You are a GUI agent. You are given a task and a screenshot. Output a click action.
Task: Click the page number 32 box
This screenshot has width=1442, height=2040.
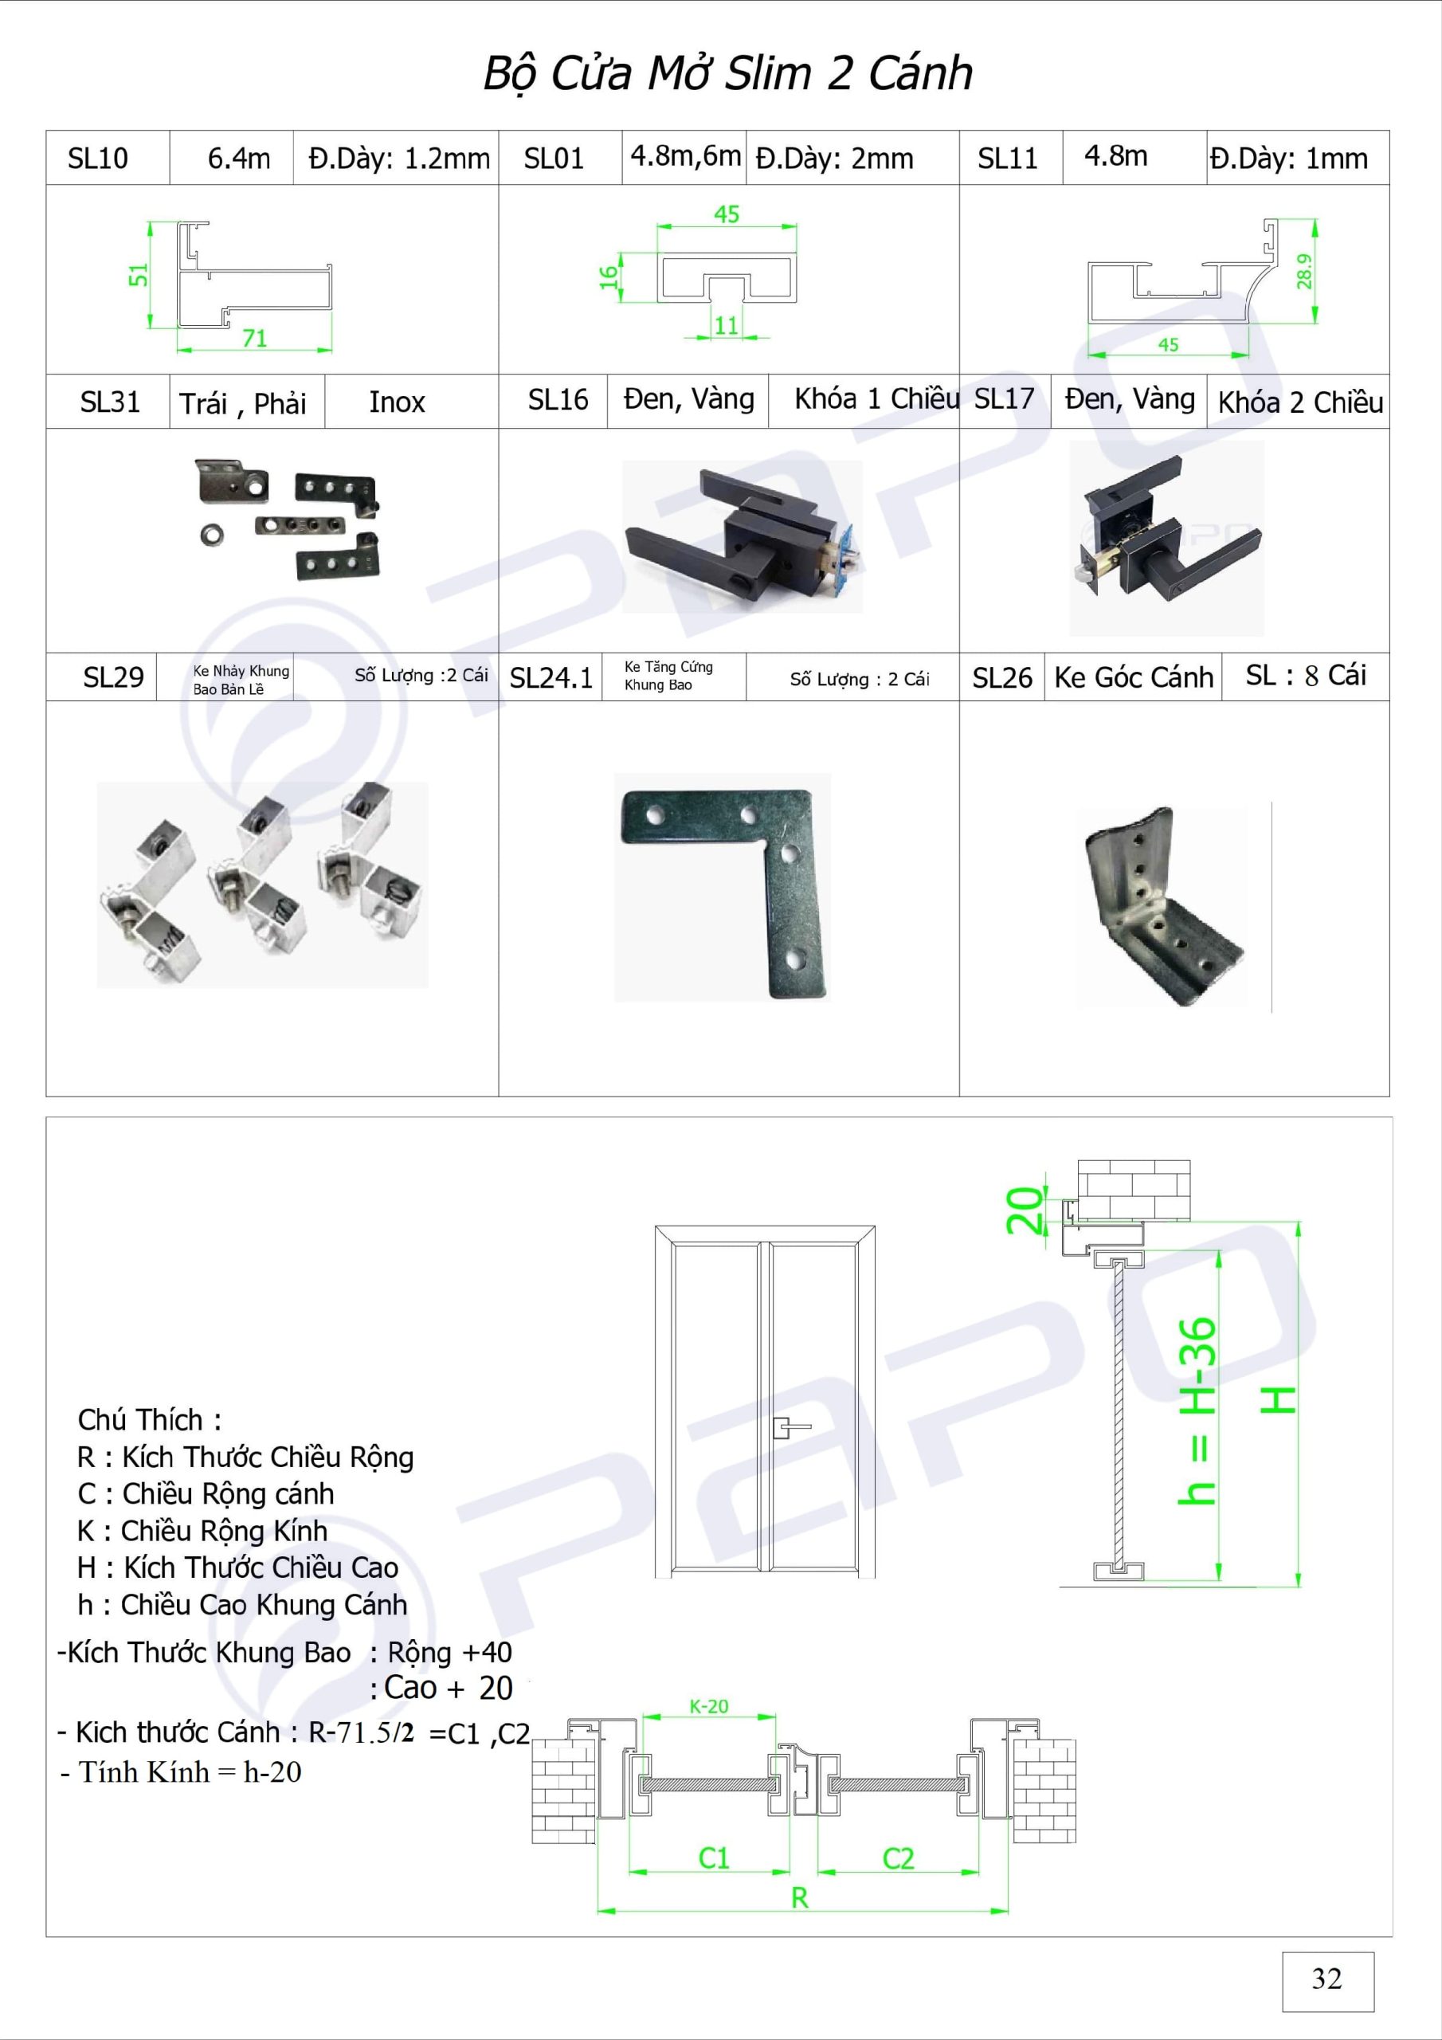click(x=1327, y=1980)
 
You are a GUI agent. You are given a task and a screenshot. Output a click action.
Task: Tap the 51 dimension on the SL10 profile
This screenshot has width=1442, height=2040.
click(x=139, y=276)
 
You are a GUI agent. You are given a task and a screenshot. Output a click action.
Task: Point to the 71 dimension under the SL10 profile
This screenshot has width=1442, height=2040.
click(x=254, y=338)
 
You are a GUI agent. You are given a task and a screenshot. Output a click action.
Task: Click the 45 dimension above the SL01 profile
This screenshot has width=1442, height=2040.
click(x=726, y=214)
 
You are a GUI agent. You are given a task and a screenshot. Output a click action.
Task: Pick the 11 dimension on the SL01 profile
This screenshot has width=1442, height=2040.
click(x=726, y=325)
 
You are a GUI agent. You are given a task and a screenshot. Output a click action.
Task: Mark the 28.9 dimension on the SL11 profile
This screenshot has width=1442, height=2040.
click(x=1303, y=272)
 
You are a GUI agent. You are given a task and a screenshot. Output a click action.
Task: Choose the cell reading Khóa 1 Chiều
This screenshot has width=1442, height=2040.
click(x=876, y=399)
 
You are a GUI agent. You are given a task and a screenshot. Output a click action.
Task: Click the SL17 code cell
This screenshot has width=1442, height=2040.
click(x=1004, y=399)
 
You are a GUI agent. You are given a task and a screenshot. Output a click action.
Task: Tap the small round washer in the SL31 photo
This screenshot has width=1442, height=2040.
click(x=211, y=534)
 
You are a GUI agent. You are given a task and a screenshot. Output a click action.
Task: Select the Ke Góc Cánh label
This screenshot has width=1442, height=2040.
click(x=1134, y=677)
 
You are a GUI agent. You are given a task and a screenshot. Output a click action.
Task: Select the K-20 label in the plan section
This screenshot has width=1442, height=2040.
click(x=708, y=1706)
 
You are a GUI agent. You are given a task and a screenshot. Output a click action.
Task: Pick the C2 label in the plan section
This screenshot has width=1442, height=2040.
click(x=897, y=1859)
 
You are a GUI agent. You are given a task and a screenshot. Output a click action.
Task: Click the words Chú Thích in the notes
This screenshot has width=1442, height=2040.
click(x=140, y=1420)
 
